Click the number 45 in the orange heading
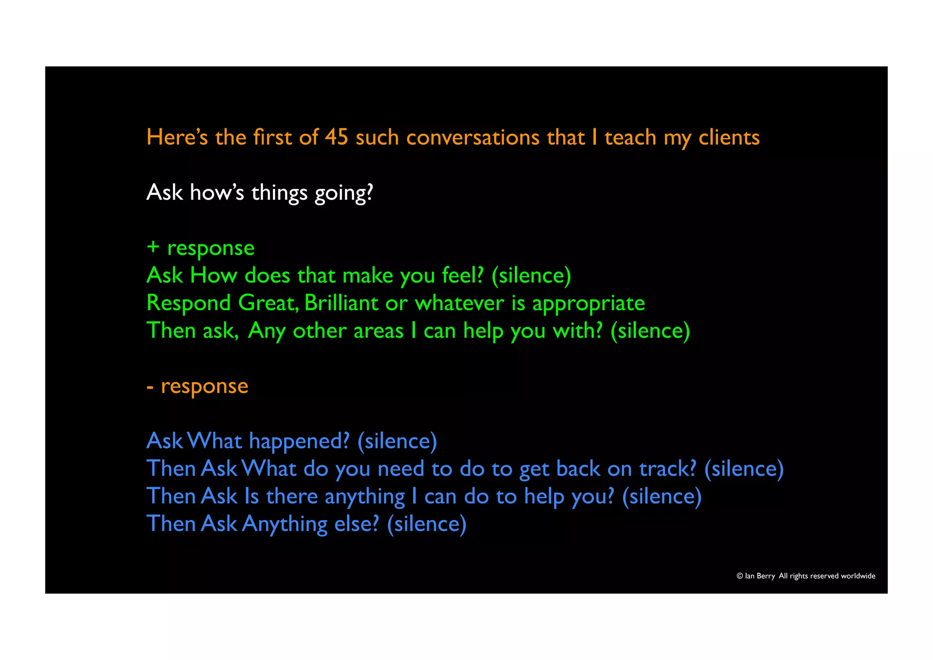click(336, 137)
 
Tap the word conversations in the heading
click(473, 137)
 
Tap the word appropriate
click(589, 304)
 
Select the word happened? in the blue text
click(299, 441)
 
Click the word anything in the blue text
click(364, 497)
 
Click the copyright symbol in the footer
click(740, 576)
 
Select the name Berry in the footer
click(766, 576)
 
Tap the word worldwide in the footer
click(858, 576)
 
